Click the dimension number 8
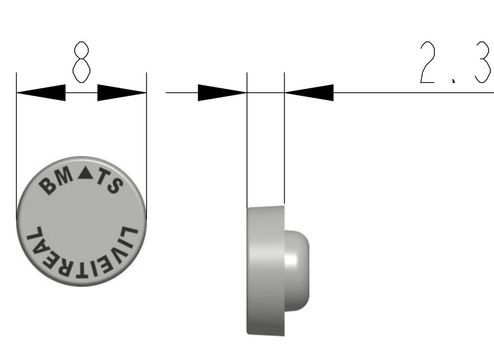[82, 62]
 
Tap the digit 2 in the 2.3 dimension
[428, 62]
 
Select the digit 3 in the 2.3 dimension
[482, 62]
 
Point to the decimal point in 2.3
[454, 81]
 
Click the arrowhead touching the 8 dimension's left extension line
[41, 93]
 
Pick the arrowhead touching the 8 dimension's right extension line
[122, 93]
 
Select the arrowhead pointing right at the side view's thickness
[222, 93]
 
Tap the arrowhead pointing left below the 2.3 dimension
[309, 93]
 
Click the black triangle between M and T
[86, 174]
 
